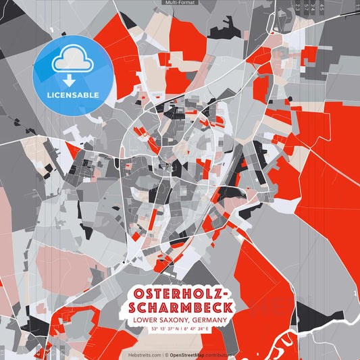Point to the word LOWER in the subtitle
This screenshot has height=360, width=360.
(147, 319)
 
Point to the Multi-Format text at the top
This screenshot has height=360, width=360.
(179, 3)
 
